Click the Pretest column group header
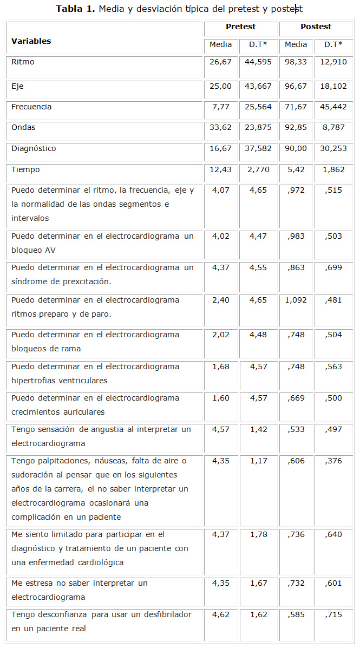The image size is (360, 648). click(241, 27)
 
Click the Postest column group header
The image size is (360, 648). click(316, 27)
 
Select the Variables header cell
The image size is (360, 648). click(31, 41)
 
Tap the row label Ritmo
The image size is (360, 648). click(23, 62)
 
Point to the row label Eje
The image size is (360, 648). click(17, 86)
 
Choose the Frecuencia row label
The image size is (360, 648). click(31, 107)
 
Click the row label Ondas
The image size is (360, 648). click(23, 128)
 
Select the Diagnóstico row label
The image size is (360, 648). click(34, 148)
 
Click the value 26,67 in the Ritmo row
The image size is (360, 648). click(220, 62)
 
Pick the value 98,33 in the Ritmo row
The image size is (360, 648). click(296, 62)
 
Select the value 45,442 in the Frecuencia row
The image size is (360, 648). click(333, 107)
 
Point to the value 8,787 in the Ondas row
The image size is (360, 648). click(333, 128)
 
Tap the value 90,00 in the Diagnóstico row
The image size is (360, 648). click(296, 148)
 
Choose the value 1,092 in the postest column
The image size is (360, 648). click(296, 300)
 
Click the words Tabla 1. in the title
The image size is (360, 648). click(76, 9)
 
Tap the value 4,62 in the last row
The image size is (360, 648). click(220, 614)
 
